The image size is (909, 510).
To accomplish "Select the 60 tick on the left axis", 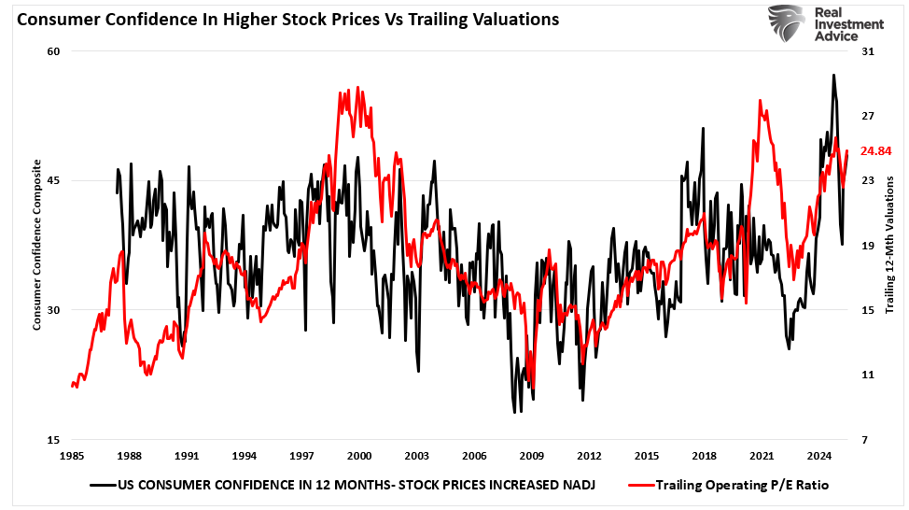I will (x=53, y=51).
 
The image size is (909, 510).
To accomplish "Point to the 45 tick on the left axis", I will (x=53, y=180).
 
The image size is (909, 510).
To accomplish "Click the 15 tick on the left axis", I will (x=53, y=440).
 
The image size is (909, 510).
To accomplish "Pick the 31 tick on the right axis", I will (x=867, y=51).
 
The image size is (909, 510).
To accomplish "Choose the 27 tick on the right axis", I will (x=867, y=116).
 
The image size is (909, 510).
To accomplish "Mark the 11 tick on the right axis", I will (x=867, y=375).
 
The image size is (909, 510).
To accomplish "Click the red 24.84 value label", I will (x=876, y=150).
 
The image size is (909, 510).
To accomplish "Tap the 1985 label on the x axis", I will (x=72, y=457).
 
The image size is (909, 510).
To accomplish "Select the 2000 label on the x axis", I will (x=359, y=457).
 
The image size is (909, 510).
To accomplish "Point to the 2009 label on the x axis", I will (x=532, y=457).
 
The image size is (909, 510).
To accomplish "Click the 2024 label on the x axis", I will (x=819, y=457).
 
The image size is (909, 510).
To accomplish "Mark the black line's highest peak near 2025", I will (x=832, y=75).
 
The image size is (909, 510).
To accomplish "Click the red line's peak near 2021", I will (x=760, y=99).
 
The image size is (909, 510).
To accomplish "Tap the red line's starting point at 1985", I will (x=72, y=385).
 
